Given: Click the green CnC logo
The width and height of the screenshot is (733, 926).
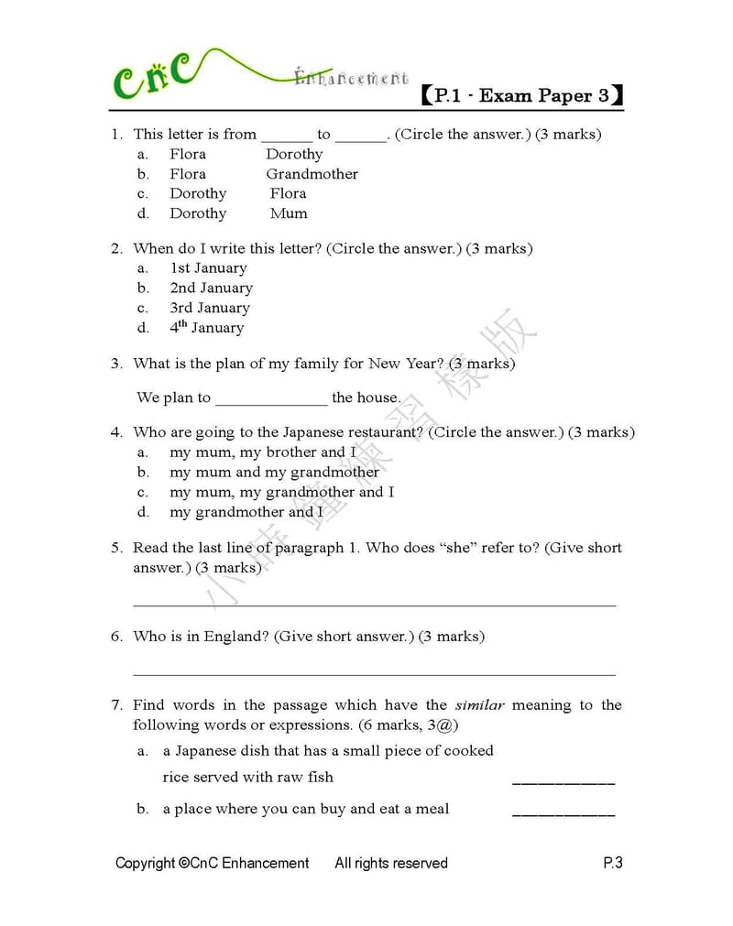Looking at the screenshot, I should pos(153,75).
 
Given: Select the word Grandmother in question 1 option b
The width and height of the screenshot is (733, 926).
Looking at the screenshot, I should pos(312,174).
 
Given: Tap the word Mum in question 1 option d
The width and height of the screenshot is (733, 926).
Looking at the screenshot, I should pos(289,213).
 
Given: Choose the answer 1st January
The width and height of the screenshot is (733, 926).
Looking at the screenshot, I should pos(208,268).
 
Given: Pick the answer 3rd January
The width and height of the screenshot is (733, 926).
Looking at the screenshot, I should pos(209,308).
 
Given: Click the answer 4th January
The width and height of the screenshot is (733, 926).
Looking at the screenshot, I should pos(206,327).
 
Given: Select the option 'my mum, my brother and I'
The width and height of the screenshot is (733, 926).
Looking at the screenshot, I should pos(263,452).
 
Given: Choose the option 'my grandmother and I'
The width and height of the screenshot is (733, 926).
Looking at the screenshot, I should pos(246,512).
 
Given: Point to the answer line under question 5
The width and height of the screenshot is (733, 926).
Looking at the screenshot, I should pos(374,605).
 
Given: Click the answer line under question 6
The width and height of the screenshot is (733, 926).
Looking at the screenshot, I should pos(374,674).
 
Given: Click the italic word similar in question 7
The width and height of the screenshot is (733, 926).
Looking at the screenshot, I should pos(479,705).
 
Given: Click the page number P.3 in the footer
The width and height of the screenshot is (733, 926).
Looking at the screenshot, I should pos(613,863).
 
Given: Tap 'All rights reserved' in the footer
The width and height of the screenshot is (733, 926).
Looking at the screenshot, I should pos(391,863).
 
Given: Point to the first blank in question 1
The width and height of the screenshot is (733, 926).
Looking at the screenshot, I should pos(286,138).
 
